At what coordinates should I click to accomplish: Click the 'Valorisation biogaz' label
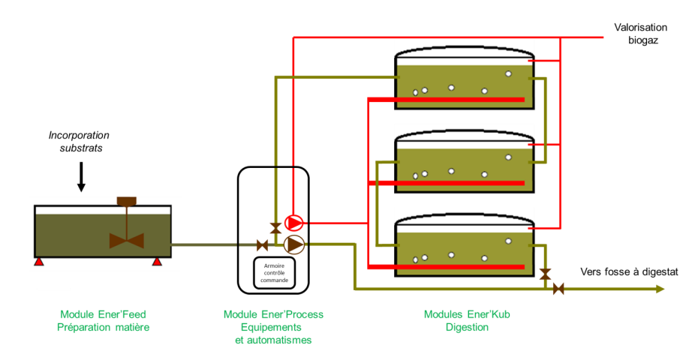click(x=640, y=34)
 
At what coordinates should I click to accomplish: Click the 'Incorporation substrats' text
click(x=79, y=142)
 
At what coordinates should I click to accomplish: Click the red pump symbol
click(x=294, y=223)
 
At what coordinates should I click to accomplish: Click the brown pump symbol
click(x=295, y=244)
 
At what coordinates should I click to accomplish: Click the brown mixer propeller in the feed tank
click(x=127, y=241)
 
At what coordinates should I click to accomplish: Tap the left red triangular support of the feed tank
click(x=38, y=261)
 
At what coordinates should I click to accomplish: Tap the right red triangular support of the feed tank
click(x=157, y=261)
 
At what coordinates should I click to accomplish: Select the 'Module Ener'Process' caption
click(x=273, y=314)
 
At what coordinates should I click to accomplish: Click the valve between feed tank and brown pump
click(x=262, y=245)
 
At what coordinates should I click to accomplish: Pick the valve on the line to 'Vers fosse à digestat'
click(x=558, y=289)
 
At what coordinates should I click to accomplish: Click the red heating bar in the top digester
click(x=447, y=99)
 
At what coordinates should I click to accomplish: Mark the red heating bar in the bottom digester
click(x=447, y=265)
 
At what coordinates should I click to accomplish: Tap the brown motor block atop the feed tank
click(x=127, y=200)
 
